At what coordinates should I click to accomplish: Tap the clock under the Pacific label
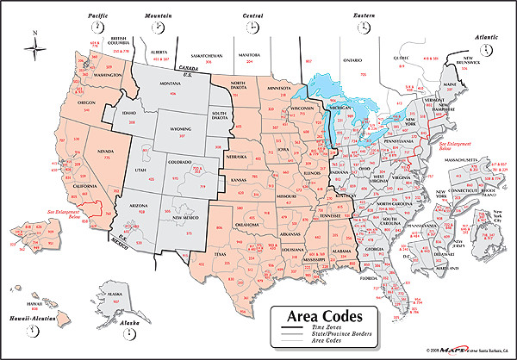[x=91, y=27]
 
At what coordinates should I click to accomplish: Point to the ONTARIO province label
[x=353, y=61]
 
